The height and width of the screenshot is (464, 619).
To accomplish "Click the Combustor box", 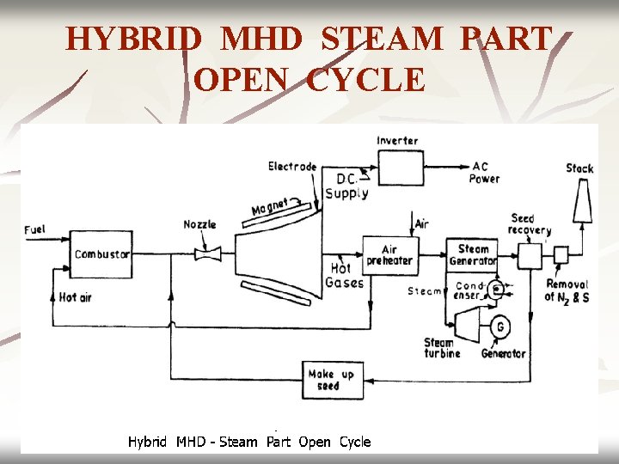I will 101,254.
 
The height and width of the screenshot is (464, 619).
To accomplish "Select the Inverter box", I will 401,168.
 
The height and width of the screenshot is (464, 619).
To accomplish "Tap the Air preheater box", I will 389,255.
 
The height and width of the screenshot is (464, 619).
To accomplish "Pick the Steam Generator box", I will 472,255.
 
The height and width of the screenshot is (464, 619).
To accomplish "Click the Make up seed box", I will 331,380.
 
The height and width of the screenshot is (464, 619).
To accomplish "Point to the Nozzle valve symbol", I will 207,253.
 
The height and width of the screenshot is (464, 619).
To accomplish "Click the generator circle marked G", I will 499,327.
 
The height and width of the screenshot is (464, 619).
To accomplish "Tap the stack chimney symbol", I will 579,207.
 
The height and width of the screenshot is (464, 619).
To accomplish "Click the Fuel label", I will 35,229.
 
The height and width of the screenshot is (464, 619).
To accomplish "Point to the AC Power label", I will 484,173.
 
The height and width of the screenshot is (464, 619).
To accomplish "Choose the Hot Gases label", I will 346,276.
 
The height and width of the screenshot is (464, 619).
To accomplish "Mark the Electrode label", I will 292,166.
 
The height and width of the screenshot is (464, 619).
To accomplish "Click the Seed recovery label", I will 529,224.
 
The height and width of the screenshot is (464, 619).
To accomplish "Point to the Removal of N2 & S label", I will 567,290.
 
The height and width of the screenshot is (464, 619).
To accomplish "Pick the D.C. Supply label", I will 346,186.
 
